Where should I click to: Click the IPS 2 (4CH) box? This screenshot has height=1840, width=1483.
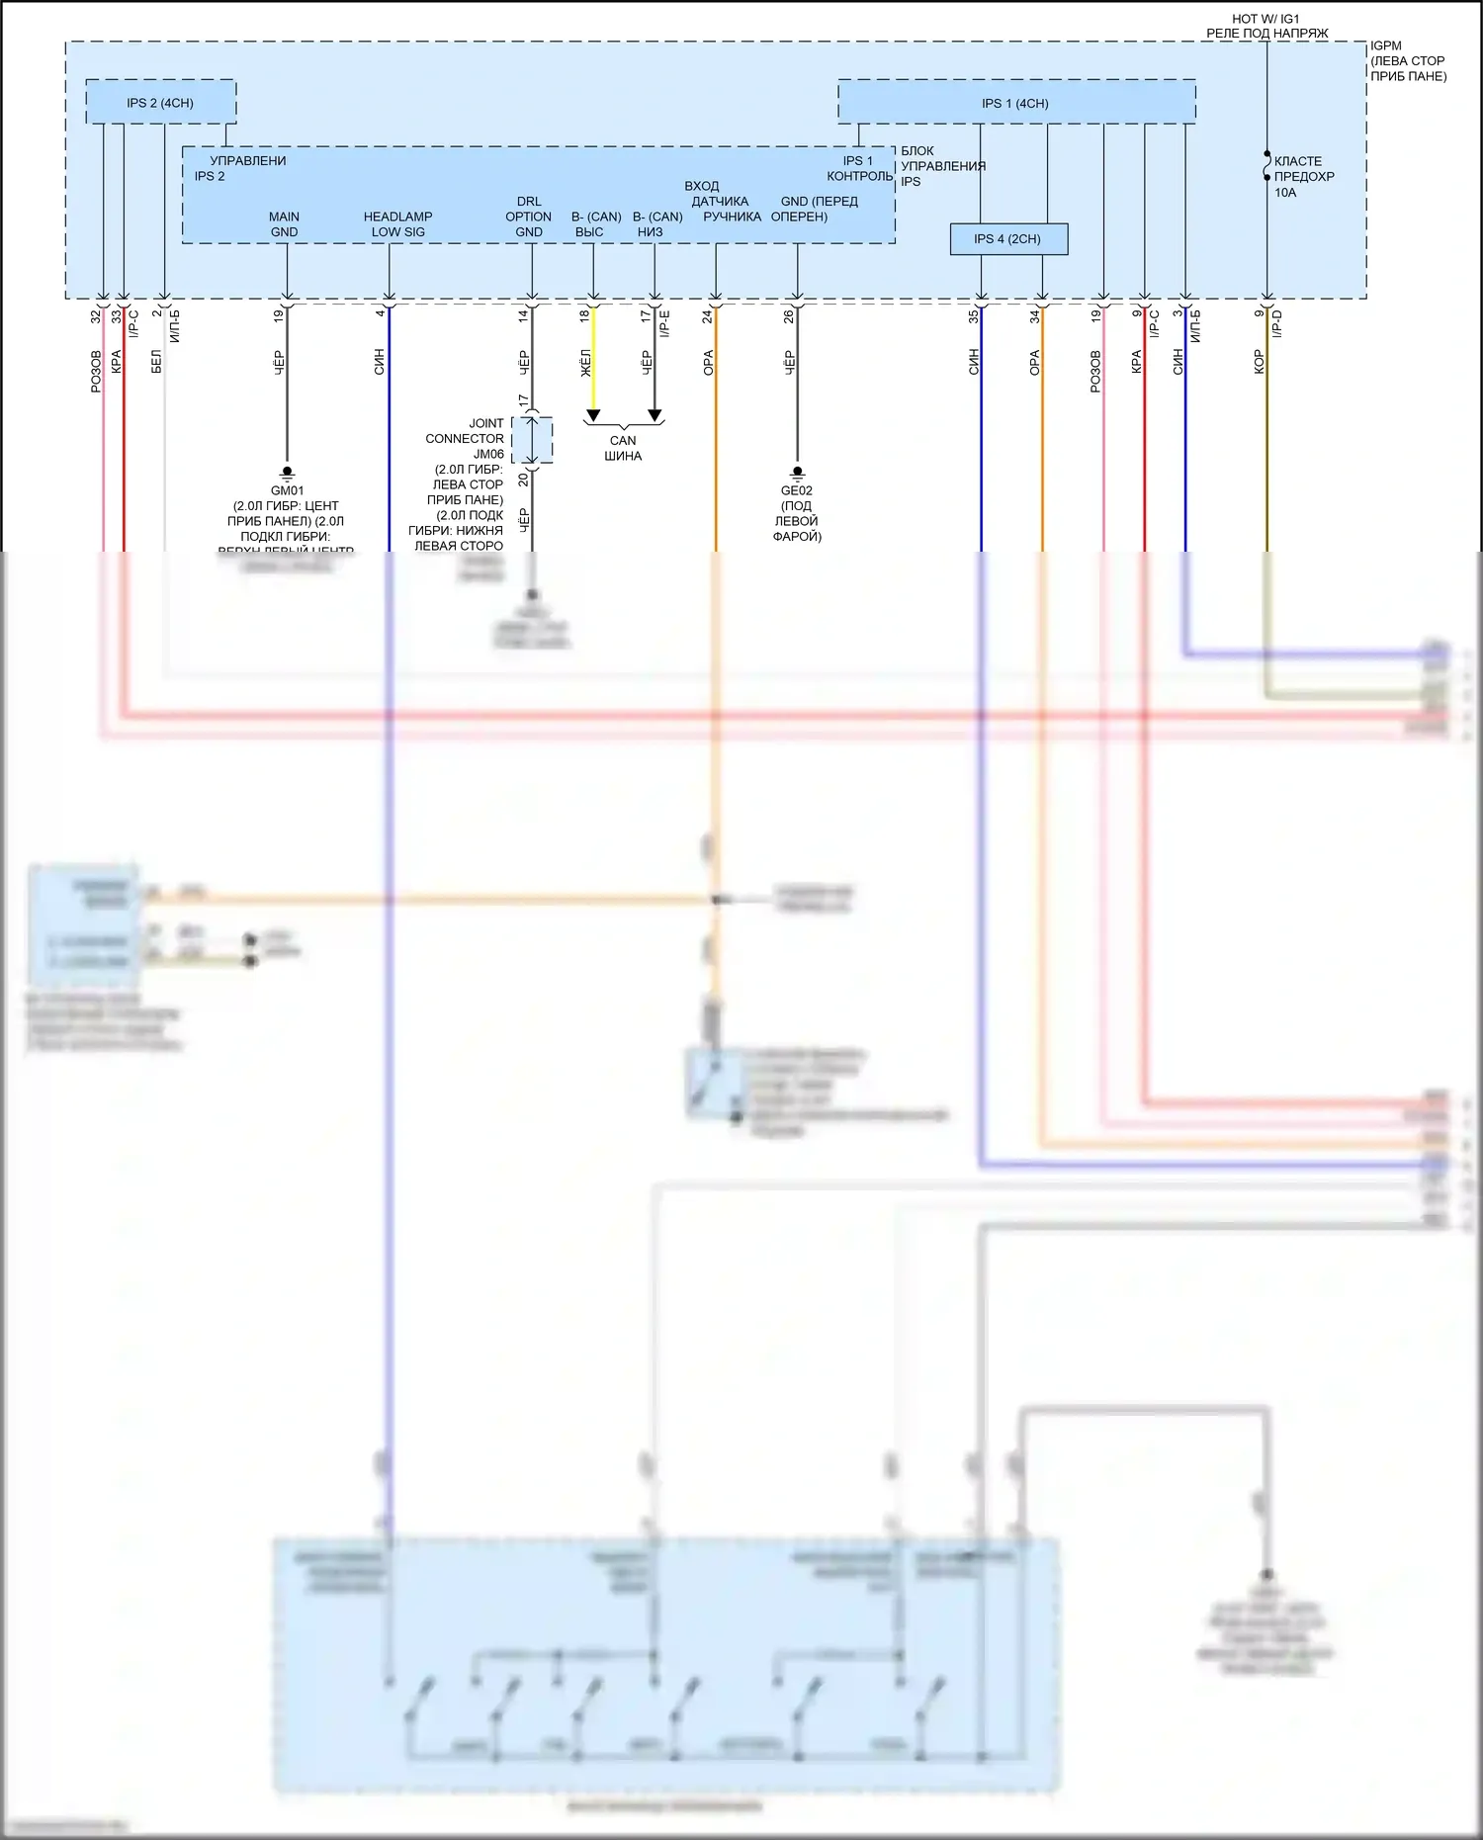[160, 103]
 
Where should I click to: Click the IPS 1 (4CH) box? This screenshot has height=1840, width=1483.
[1015, 103]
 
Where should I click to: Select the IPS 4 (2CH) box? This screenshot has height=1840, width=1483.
[1007, 239]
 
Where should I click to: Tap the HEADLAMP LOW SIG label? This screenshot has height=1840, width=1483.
[397, 224]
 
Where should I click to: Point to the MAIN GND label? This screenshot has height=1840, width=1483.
[284, 224]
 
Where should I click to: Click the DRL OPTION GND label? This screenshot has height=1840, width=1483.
[529, 217]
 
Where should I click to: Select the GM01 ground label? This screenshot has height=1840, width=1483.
[287, 490]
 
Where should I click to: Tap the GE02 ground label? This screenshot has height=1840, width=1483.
[797, 490]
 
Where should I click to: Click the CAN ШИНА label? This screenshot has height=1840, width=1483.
[623, 448]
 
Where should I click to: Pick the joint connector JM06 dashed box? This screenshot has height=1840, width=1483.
[532, 440]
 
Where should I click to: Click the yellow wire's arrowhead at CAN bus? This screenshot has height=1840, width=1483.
[593, 415]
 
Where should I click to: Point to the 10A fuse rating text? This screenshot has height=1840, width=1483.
[1285, 193]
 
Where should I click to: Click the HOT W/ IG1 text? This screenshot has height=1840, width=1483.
[1265, 19]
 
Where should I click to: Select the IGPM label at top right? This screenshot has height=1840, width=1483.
[1386, 45]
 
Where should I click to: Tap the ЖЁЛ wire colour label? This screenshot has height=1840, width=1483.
[585, 363]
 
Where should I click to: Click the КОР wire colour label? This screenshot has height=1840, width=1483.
[1259, 362]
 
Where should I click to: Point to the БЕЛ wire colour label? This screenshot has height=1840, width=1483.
[156, 362]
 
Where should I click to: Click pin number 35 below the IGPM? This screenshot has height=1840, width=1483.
[973, 316]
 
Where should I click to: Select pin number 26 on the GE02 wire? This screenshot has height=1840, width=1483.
[789, 316]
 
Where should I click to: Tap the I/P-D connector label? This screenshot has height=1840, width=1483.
[1276, 323]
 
